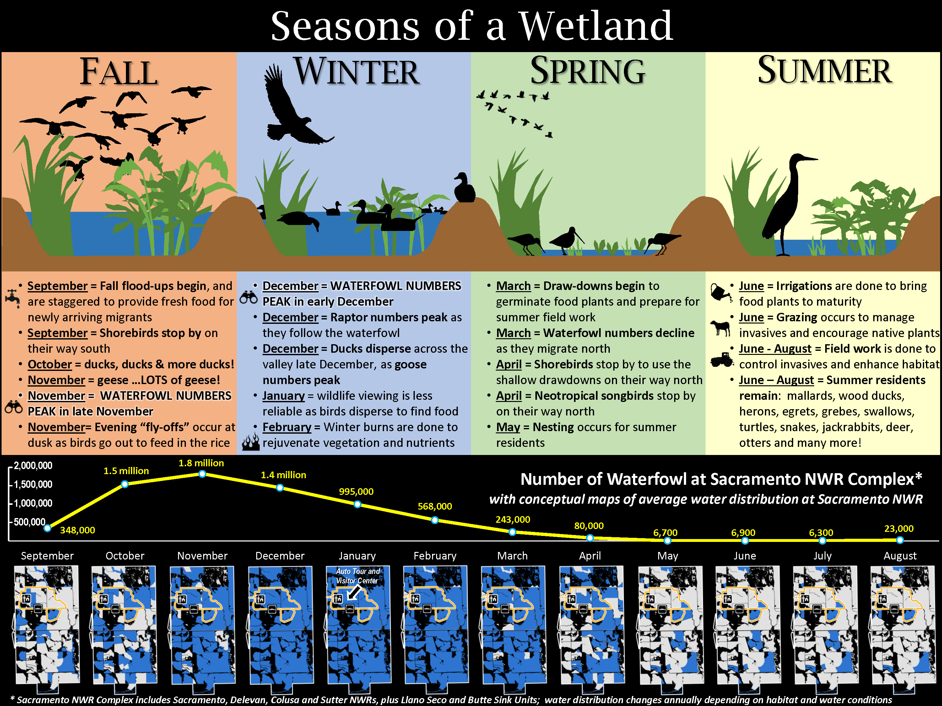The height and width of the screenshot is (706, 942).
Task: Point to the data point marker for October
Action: click(125, 484)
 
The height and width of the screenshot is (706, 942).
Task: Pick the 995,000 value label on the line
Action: click(356, 491)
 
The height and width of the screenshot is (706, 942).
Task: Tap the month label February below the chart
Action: click(435, 556)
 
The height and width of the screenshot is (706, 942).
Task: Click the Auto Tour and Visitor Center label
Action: click(357, 576)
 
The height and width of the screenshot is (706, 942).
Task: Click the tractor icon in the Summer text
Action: click(721, 360)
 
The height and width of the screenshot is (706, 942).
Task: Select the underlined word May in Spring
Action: click(508, 427)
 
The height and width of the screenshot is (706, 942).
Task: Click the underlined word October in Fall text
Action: click(49, 365)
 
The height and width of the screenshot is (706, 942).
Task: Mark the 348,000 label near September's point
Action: click(78, 530)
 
